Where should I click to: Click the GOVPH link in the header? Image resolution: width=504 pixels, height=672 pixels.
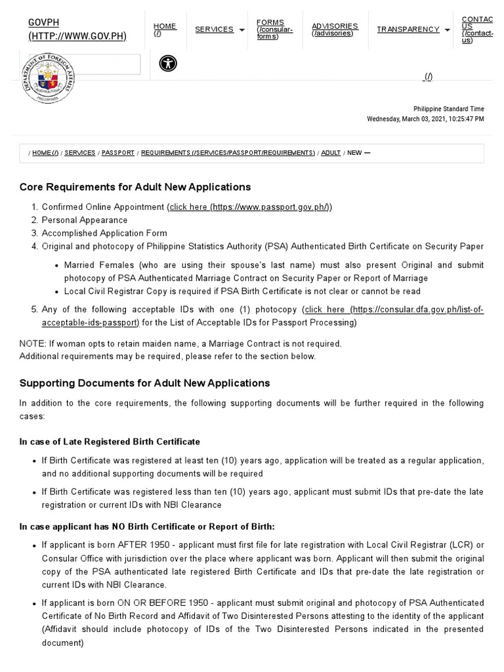pos(77,29)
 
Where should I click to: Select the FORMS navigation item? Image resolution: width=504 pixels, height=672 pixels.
pos(274,30)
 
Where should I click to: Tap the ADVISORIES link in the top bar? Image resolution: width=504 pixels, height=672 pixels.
pos(335,30)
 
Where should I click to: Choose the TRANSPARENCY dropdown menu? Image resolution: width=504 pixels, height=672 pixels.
pos(413,30)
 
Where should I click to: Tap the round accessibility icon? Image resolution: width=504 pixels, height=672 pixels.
pos(168,64)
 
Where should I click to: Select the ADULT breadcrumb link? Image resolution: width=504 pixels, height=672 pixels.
pos(331,153)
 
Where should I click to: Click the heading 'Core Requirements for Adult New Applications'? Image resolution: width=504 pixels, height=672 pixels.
pos(135,187)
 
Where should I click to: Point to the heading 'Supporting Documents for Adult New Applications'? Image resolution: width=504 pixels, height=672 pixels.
pos(144,383)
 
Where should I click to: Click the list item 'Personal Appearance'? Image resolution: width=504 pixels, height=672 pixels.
pos(85,220)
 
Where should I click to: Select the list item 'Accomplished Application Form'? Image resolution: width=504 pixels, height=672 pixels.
pos(104,233)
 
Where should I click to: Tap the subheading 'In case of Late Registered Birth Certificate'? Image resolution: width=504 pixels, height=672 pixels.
pos(110,442)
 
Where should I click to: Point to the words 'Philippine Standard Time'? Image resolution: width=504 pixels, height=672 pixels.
pos(448,109)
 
